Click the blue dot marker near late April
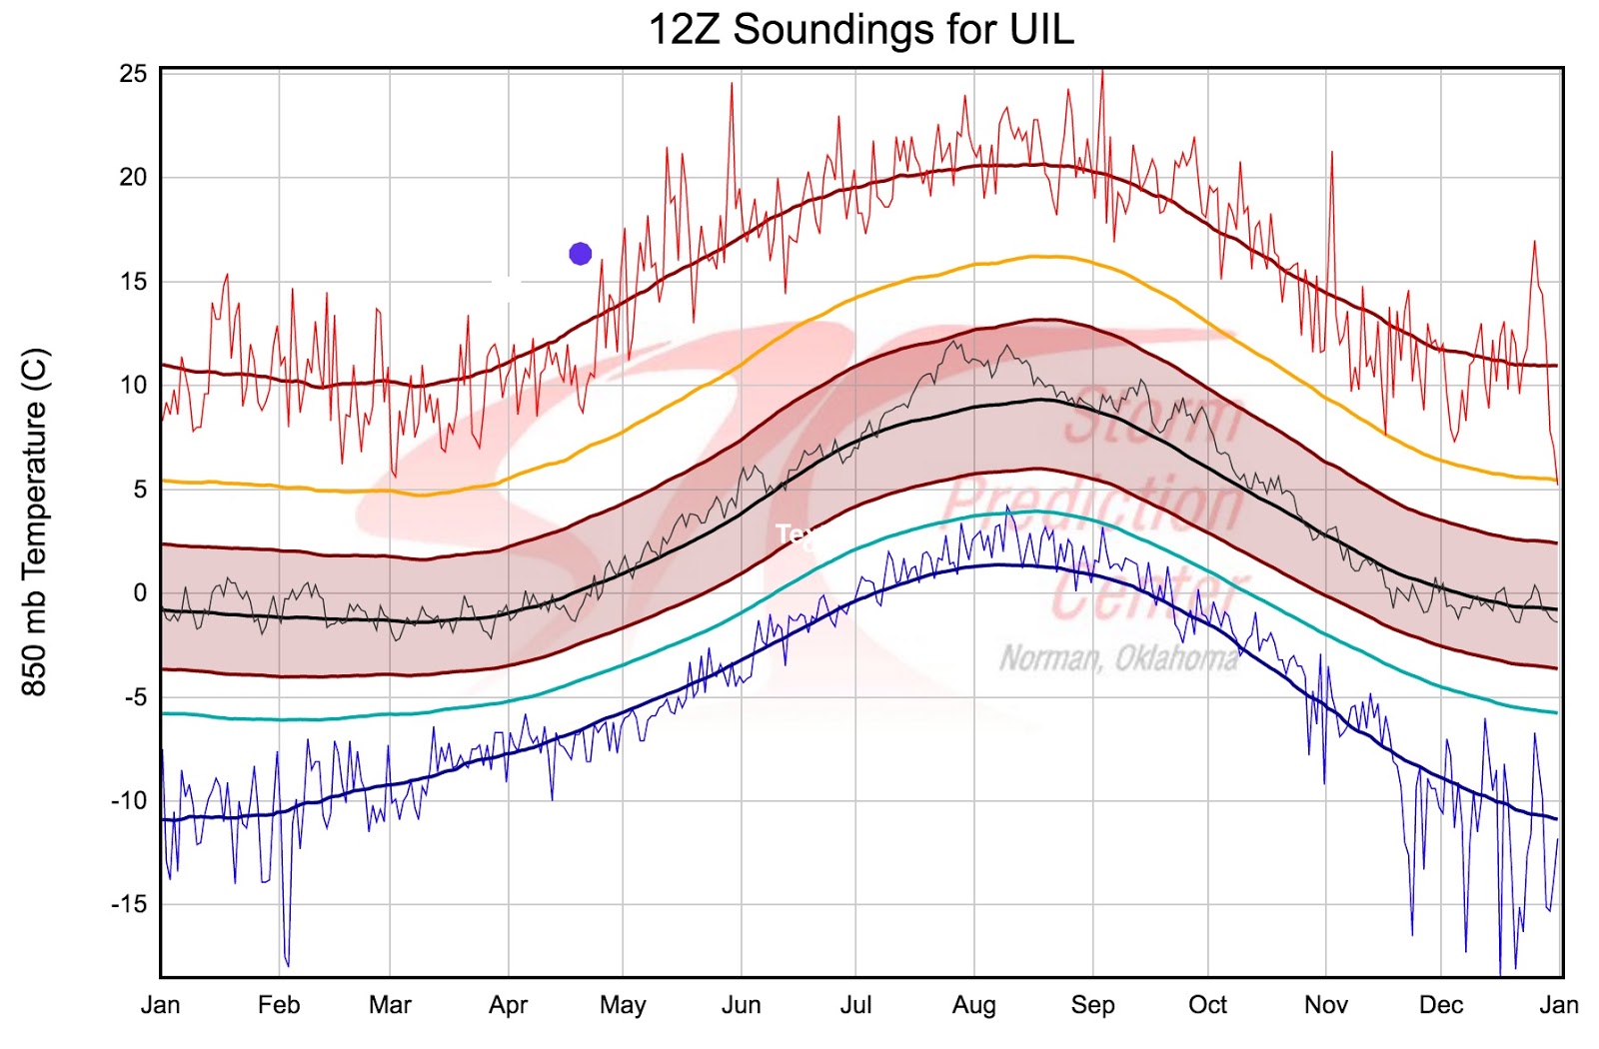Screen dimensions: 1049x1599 click(x=580, y=254)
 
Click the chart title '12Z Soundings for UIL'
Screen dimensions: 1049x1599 click(x=861, y=29)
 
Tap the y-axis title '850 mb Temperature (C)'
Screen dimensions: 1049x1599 click(x=34, y=522)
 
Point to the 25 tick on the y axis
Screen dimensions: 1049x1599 click(x=133, y=74)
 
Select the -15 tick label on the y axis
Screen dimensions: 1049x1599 click(x=129, y=904)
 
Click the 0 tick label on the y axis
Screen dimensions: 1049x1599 click(x=140, y=592)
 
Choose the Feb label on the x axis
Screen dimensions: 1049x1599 click(x=278, y=1005)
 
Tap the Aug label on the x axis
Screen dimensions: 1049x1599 click(x=973, y=1005)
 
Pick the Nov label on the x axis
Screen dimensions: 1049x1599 click(x=1325, y=1005)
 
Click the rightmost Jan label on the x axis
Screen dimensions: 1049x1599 click(x=1558, y=1005)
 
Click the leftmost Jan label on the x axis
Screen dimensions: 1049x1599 click(x=160, y=1005)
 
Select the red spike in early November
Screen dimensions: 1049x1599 click(x=1332, y=155)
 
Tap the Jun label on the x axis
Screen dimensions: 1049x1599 click(x=741, y=1005)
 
